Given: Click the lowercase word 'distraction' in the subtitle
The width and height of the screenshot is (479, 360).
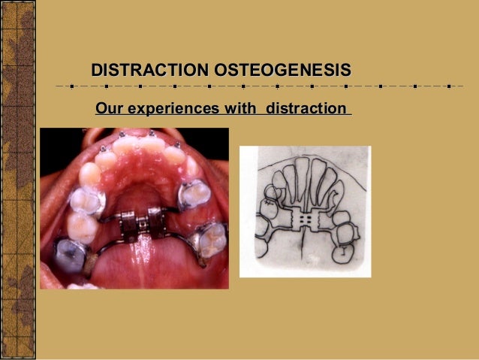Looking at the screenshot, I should (x=302, y=110).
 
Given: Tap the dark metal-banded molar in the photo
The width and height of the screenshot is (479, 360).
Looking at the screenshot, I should (x=71, y=254).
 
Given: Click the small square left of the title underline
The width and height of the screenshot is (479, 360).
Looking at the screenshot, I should (x=71, y=87).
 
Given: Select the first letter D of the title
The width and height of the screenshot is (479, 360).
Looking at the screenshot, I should (x=97, y=71).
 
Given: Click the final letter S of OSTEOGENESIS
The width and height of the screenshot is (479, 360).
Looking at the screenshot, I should (x=345, y=71).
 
